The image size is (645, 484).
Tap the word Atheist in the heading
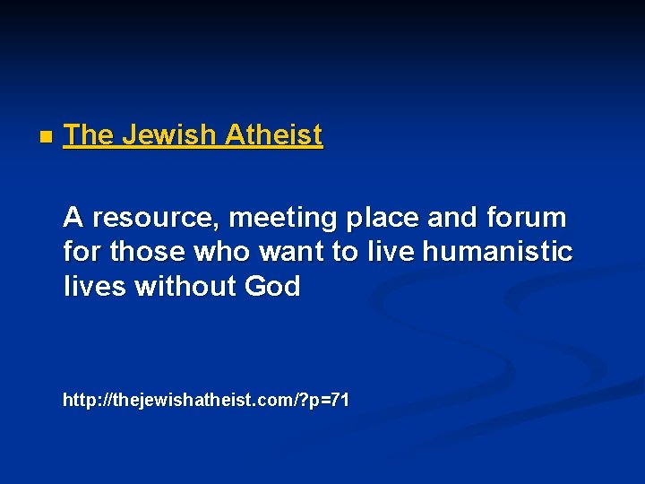[273, 135]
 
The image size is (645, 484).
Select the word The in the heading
[89, 135]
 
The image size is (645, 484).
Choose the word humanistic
[497, 253]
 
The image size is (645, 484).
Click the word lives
[94, 288]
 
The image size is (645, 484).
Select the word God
[271, 288]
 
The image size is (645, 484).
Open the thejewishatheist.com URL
[206, 400]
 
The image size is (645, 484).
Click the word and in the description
[450, 218]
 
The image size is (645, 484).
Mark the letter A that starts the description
[73, 218]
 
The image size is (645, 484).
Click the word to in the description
[344, 253]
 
